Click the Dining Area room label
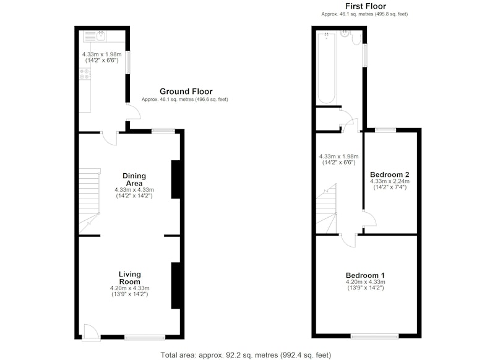[134, 179]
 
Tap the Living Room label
[130, 278]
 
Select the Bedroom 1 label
[365, 275]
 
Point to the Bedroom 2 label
[390, 174]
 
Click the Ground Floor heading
[186, 92]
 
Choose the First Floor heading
[366, 6]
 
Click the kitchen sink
[95, 36]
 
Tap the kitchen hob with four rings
[85, 74]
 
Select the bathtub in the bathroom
[327, 68]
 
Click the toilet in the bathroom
[357, 38]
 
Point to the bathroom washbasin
[345, 34]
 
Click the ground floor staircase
[89, 201]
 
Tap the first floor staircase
[327, 208]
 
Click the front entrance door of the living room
[90, 333]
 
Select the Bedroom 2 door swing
[369, 218]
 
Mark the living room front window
[145, 338]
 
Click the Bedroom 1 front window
[375, 336]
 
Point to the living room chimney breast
[176, 285]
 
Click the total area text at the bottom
[246, 355]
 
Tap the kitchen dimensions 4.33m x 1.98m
[102, 57]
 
